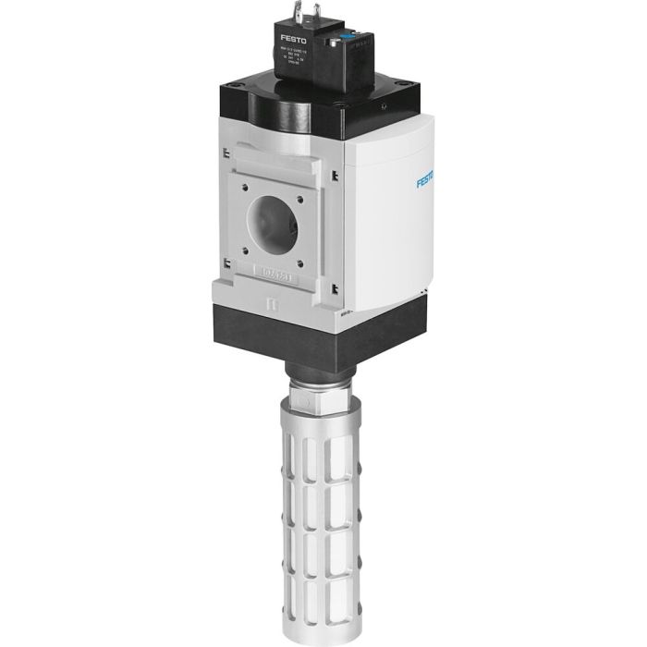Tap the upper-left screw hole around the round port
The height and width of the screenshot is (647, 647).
244,184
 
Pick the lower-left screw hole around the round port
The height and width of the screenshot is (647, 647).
243,247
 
